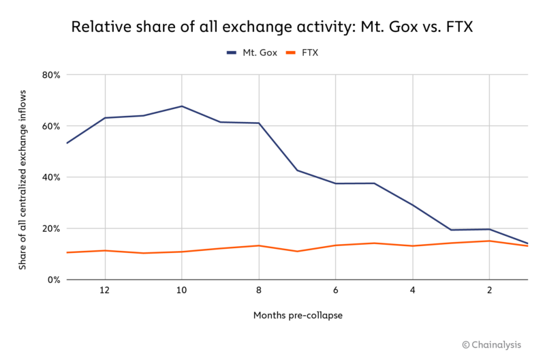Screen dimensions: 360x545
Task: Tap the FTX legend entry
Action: [309, 52]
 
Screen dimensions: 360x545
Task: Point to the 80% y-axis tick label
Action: [51, 75]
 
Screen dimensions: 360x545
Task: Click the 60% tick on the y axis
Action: [51, 126]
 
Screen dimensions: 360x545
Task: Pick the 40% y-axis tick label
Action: [51, 177]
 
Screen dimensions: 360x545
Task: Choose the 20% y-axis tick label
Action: [51, 228]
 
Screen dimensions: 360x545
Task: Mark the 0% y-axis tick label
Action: [53, 280]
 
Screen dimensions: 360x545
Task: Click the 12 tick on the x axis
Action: [104, 290]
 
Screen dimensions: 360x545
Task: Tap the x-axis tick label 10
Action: [181, 290]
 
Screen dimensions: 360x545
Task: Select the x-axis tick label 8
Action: [258, 290]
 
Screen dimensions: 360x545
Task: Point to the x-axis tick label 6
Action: [335, 290]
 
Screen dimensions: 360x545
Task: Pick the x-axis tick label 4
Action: [412, 290]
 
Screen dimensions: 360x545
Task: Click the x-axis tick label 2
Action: [489, 290]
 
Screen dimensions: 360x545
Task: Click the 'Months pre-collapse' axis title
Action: [297, 316]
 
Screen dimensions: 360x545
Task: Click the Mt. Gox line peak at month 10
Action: [181, 106]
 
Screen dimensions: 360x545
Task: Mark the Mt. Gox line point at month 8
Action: [258, 123]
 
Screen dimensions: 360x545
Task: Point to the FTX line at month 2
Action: [489, 241]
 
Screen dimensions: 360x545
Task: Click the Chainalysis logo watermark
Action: [499, 346]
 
